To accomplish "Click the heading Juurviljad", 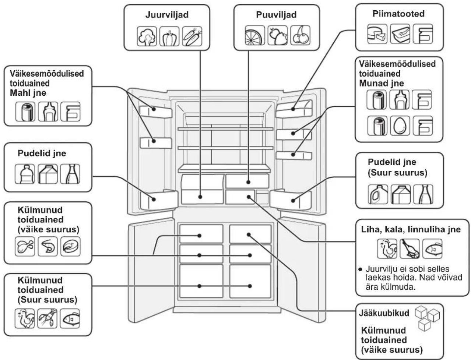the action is pos(167,15).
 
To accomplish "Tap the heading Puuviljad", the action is pos(277,15).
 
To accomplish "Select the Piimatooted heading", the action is pos(398,14).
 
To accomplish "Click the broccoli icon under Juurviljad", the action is pos(147,36).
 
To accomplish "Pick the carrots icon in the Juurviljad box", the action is pos(192,36).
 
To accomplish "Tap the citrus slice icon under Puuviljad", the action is pos(255,35).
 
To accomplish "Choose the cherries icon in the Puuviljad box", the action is pos(300,35).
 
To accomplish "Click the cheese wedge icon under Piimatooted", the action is pos(377,34).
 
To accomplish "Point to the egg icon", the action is pos(400,126).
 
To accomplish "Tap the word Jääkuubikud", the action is pos(384,313).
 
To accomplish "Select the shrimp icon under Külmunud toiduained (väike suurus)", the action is pos(48,247).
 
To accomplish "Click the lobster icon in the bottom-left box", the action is pos(47,319).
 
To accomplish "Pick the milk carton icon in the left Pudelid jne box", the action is pos(48,174).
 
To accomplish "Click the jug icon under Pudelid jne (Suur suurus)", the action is pos(378,194).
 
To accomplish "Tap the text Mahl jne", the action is pos(28,93).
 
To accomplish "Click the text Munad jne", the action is pos(382,83).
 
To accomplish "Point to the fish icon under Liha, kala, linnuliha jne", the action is pos(432,249).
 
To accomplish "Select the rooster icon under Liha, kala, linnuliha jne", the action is pos(387,249).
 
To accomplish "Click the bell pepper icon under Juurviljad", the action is pos(169,36).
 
